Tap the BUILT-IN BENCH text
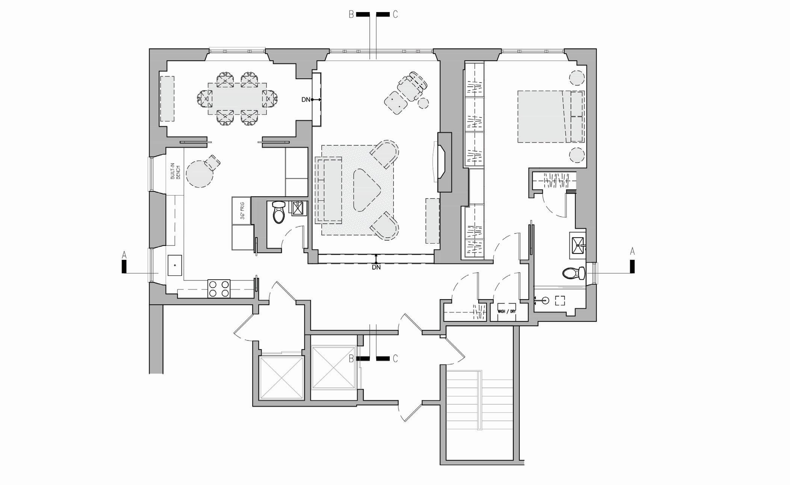[x=176, y=172]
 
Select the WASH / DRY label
[x=506, y=312]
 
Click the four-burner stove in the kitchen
[x=219, y=289]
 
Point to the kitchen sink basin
[x=175, y=265]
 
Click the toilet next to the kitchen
[x=278, y=212]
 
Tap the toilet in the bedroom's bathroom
[x=574, y=273]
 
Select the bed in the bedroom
[x=550, y=116]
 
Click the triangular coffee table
[x=366, y=190]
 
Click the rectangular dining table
[x=237, y=99]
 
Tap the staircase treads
[x=479, y=402]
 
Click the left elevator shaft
[x=281, y=378]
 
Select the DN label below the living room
[x=376, y=268]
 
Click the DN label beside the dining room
[x=306, y=100]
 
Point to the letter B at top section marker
[x=351, y=15]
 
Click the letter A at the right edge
[x=632, y=252]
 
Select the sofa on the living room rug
[x=329, y=190]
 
